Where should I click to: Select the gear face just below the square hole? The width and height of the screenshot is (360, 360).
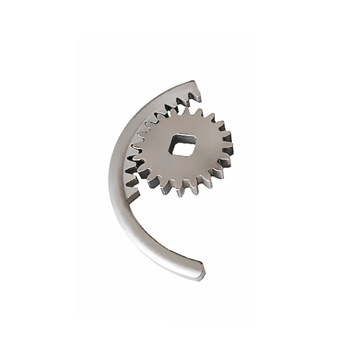tap(182, 166)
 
